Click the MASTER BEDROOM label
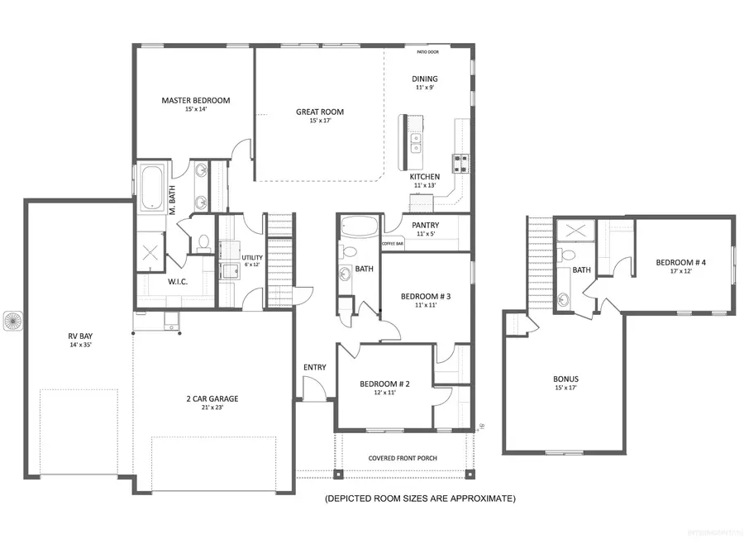coord(195,101)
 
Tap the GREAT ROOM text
coord(320,112)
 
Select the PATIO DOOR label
coord(427,52)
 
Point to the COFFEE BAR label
coord(393,244)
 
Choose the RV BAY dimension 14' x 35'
coord(79,345)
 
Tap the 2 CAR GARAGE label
coord(212,398)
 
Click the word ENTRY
coord(314,367)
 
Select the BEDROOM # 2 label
coord(384,384)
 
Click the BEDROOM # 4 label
coord(681,263)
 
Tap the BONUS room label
coord(566,379)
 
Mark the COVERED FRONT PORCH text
coord(403,458)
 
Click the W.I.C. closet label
coord(177,281)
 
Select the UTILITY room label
coord(252,258)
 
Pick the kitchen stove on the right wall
coord(460,161)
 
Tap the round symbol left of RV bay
coord(13,318)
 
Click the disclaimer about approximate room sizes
coord(420,498)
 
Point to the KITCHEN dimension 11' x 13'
coord(425,185)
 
